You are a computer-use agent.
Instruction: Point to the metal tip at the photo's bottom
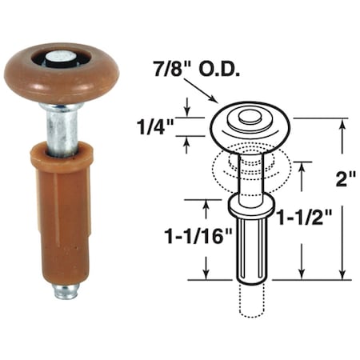point(66,290)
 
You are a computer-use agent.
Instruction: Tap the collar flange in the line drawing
point(251,206)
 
